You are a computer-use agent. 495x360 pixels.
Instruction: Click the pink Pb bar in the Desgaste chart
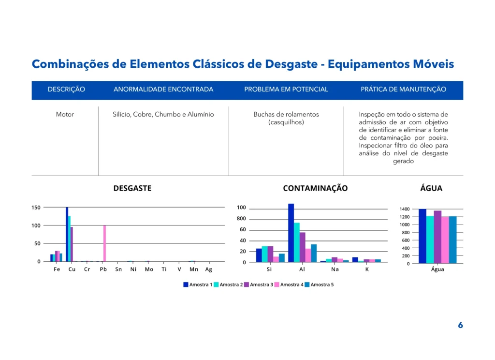[104, 243]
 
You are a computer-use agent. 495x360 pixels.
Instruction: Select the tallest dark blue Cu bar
[67, 235]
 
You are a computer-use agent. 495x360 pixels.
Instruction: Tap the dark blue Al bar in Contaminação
[291, 233]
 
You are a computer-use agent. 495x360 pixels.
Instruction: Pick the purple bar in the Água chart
[437, 237]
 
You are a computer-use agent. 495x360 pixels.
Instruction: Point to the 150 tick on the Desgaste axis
[36, 208]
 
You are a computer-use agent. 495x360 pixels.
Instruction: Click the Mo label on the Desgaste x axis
[149, 270]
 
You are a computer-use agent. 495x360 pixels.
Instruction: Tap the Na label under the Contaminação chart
[335, 270]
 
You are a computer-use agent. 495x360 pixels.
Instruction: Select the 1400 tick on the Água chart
[405, 209]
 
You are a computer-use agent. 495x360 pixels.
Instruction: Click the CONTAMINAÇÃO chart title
[315, 188]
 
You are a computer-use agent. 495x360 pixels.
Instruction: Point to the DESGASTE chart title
[132, 188]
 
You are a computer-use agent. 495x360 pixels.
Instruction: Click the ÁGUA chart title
[431, 188]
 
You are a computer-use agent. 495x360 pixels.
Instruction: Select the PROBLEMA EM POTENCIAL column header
[286, 90]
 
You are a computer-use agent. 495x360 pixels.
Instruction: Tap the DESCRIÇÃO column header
[66, 90]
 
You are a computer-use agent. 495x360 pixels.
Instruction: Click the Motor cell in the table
[65, 115]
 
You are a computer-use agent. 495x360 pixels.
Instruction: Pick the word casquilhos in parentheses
[286, 122]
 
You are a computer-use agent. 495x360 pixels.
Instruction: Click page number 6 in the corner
[460, 326]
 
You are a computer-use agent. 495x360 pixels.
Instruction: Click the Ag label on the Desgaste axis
[208, 270]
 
